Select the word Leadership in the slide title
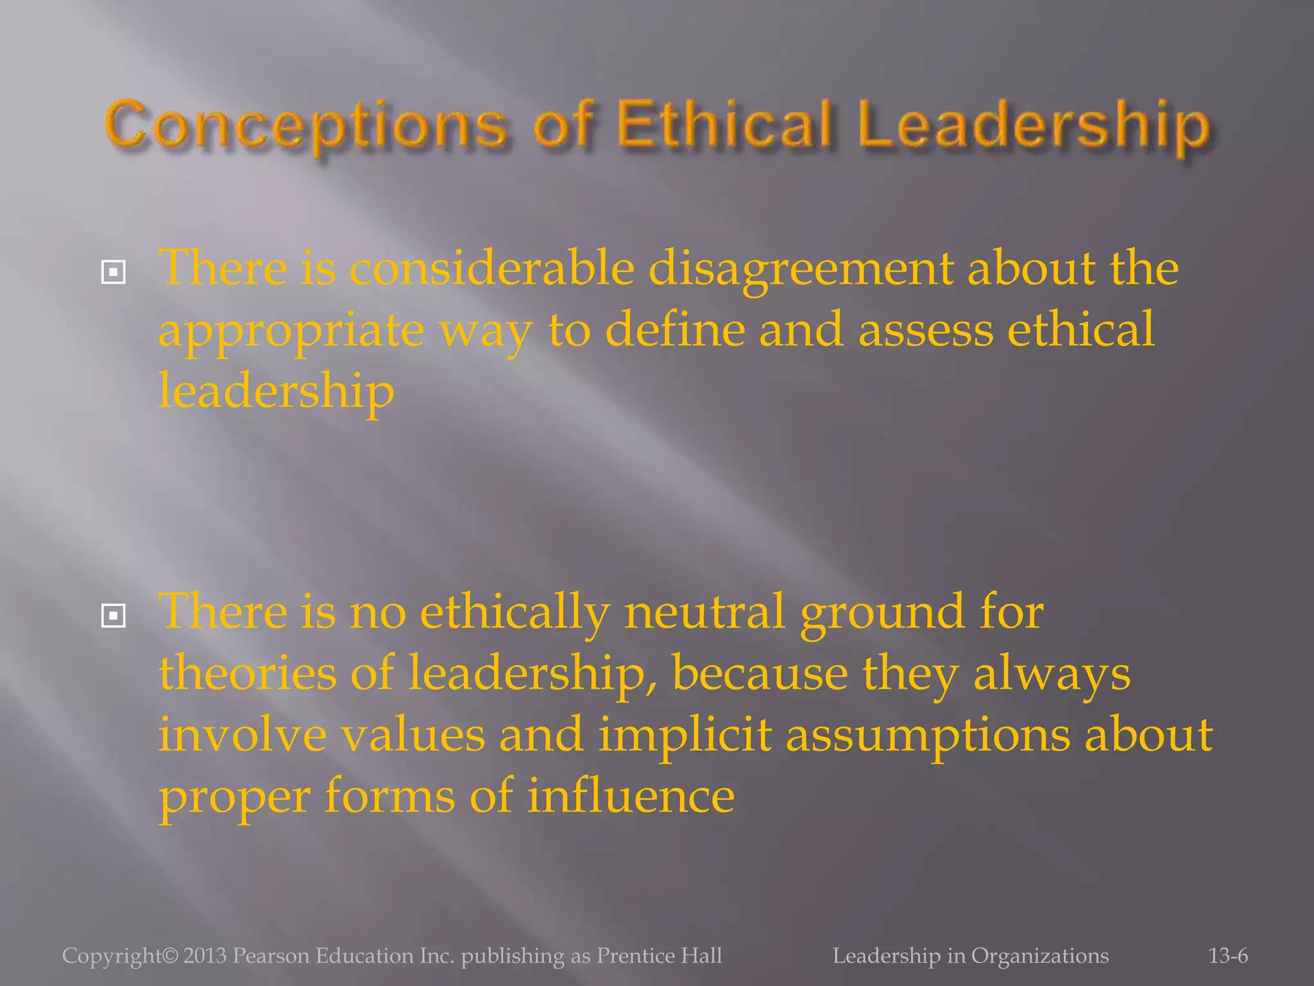pos(1034,126)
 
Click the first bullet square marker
pos(114,273)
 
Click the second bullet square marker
pos(114,616)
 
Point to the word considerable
pos(491,268)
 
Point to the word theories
pos(247,674)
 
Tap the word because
pos(760,674)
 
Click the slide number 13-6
pos(1228,956)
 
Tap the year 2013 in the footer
pos(205,956)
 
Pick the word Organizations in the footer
pos(1039,956)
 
